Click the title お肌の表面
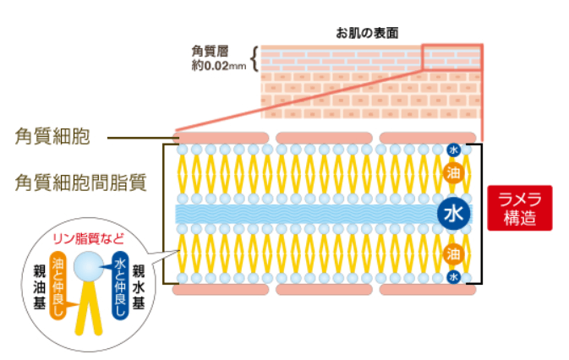tap(366, 32)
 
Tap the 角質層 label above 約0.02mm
tap(210, 50)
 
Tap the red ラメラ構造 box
tap(519, 208)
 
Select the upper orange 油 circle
tap(453, 172)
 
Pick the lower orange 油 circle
tap(453, 252)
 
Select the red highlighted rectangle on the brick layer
tap(451, 56)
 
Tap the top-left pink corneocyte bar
tap(221, 137)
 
